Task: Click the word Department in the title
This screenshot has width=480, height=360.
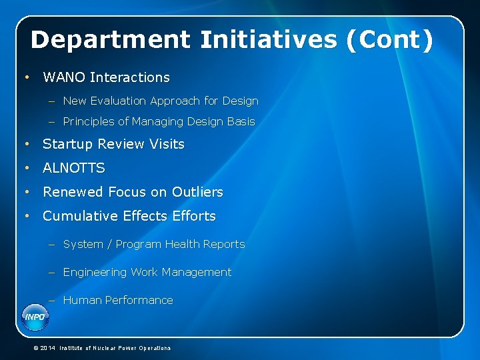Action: tap(110, 41)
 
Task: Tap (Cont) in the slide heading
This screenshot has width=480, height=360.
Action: tap(389, 40)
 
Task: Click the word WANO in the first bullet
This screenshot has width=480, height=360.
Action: tap(64, 77)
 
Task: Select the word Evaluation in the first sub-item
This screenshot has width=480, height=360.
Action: tap(122, 101)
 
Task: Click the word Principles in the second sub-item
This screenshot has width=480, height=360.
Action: tap(88, 122)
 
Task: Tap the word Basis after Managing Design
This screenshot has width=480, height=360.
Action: tap(241, 122)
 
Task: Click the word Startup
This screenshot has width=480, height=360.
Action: tap(67, 144)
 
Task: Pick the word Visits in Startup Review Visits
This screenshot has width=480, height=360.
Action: tap(167, 144)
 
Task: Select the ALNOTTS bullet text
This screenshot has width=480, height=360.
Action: tap(74, 168)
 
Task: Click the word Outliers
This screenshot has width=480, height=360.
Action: tap(197, 192)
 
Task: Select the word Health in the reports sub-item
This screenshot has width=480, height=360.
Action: tap(183, 245)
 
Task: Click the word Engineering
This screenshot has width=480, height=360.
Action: tap(94, 273)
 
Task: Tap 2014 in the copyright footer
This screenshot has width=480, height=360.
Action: tap(47, 348)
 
